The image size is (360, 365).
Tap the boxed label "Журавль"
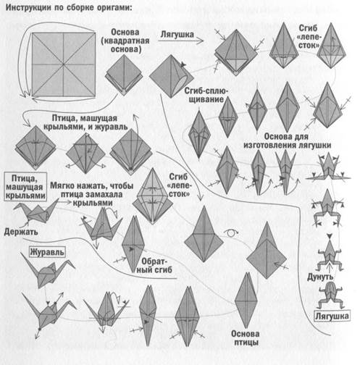(x=47, y=252)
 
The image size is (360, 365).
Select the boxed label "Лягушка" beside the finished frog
(x=332, y=316)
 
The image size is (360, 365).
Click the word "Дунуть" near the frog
(x=320, y=277)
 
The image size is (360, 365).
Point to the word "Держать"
(x=21, y=232)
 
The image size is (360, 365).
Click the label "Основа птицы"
(x=246, y=338)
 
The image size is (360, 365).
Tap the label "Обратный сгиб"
(x=154, y=265)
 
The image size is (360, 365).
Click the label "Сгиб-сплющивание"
(x=206, y=95)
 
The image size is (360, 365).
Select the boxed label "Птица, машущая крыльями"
(x=25, y=187)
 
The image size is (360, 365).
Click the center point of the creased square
(x=64, y=64)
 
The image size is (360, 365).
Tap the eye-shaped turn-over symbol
(x=230, y=233)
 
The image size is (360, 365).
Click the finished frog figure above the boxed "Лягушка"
(x=330, y=295)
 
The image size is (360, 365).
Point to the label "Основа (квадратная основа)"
(x=125, y=41)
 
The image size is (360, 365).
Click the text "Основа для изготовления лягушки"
(x=287, y=140)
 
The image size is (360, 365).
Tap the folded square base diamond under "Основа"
(x=124, y=75)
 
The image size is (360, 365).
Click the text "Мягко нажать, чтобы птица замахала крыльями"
(x=92, y=194)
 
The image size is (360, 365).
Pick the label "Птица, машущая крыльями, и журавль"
(x=85, y=122)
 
